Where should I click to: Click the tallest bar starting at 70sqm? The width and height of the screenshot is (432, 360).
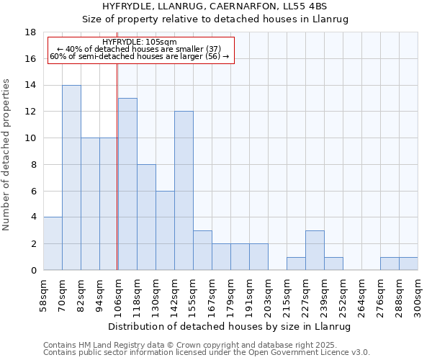[x=71, y=178]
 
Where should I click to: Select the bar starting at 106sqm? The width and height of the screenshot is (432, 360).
[x=127, y=184]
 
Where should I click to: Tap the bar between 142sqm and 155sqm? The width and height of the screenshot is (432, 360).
[x=184, y=191]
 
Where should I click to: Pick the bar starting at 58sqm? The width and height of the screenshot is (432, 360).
[x=53, y=243]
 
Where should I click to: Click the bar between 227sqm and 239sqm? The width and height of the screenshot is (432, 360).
[x=315, y=251]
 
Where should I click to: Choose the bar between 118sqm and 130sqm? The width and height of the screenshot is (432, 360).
[x=146, y=217]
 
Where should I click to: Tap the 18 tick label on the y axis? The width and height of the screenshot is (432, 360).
[x=30, y=32]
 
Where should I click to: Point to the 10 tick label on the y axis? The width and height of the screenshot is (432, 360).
[x=30, y=138]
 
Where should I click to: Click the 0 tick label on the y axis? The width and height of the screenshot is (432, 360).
[x=33, y=270]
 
